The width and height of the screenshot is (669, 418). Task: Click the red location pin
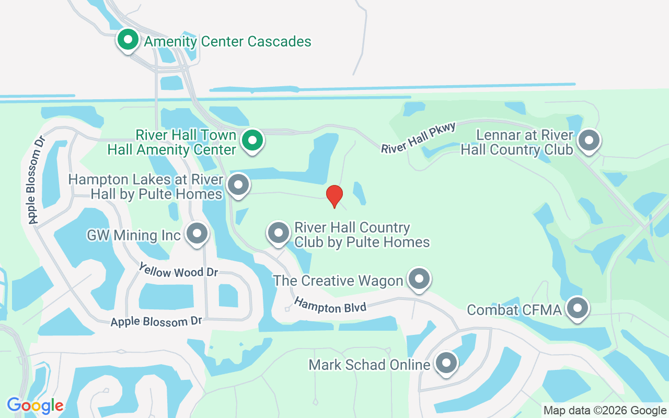(334, 196)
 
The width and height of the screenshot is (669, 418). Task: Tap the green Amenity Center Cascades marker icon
(127, 40)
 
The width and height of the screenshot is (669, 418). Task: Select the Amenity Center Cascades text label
(227, 41)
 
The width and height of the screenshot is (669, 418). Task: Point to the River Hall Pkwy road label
(419, 138)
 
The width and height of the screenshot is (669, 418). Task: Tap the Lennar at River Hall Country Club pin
(590, 140)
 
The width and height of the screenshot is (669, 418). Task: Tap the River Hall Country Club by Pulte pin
(279, 233)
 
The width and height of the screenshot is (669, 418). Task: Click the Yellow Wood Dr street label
(178, 271)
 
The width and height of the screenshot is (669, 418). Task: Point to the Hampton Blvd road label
(330, 306)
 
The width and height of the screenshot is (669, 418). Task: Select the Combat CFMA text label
(514, 310)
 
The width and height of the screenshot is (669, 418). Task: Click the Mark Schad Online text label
(369, 364)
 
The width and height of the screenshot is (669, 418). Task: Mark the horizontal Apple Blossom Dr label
(156, 321)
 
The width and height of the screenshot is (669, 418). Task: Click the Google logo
(35, 405)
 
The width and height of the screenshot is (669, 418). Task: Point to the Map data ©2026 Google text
(605, 410)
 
